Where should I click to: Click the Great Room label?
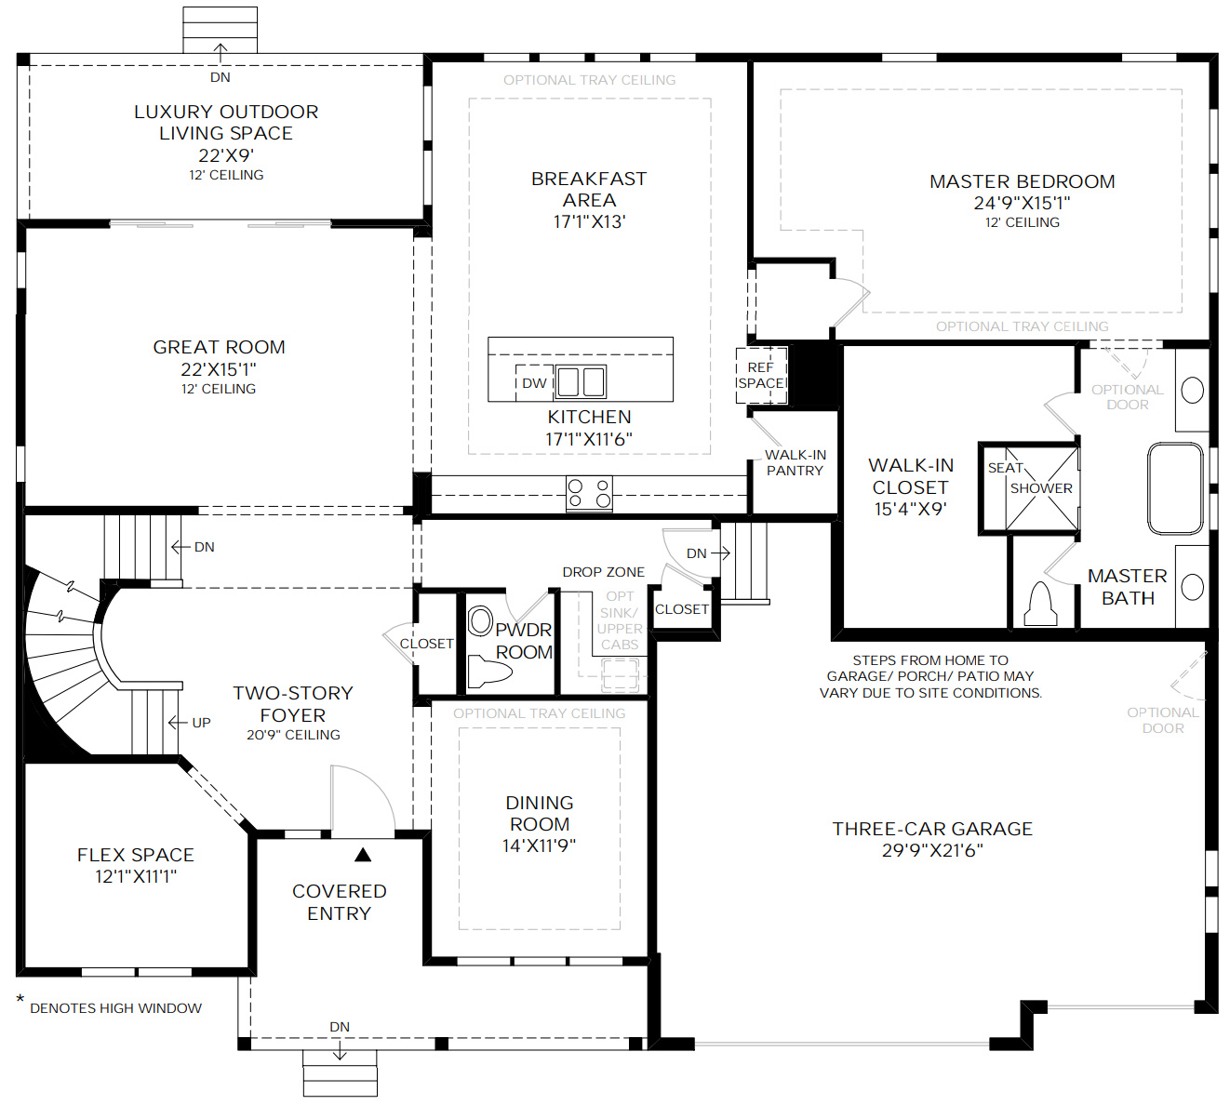[x=219, y=347]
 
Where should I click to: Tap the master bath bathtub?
[x=1175, y=488]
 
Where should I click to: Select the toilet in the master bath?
[x=1039, y=605]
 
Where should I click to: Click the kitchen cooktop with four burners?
[x=590, y=493]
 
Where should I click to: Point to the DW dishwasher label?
[x=534, y=383]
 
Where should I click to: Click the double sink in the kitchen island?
[x=582, y=382]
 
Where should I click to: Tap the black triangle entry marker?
[x=363, y=854]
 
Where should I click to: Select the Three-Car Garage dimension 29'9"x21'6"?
[x=932, y=850]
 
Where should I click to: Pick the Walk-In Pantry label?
[x=795, y=462]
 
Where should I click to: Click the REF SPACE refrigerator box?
[x=761, y=375]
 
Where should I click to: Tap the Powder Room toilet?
[x=488, y=671]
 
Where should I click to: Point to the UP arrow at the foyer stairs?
[x=191, y=723]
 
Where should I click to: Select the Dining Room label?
[x=540, y=813]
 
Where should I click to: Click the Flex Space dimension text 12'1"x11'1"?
[x=136, y=876]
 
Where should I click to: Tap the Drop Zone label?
[x=603, y=572]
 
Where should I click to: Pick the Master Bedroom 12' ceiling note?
[x=1022, y=222]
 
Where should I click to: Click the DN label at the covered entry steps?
[x=340, y=1027]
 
